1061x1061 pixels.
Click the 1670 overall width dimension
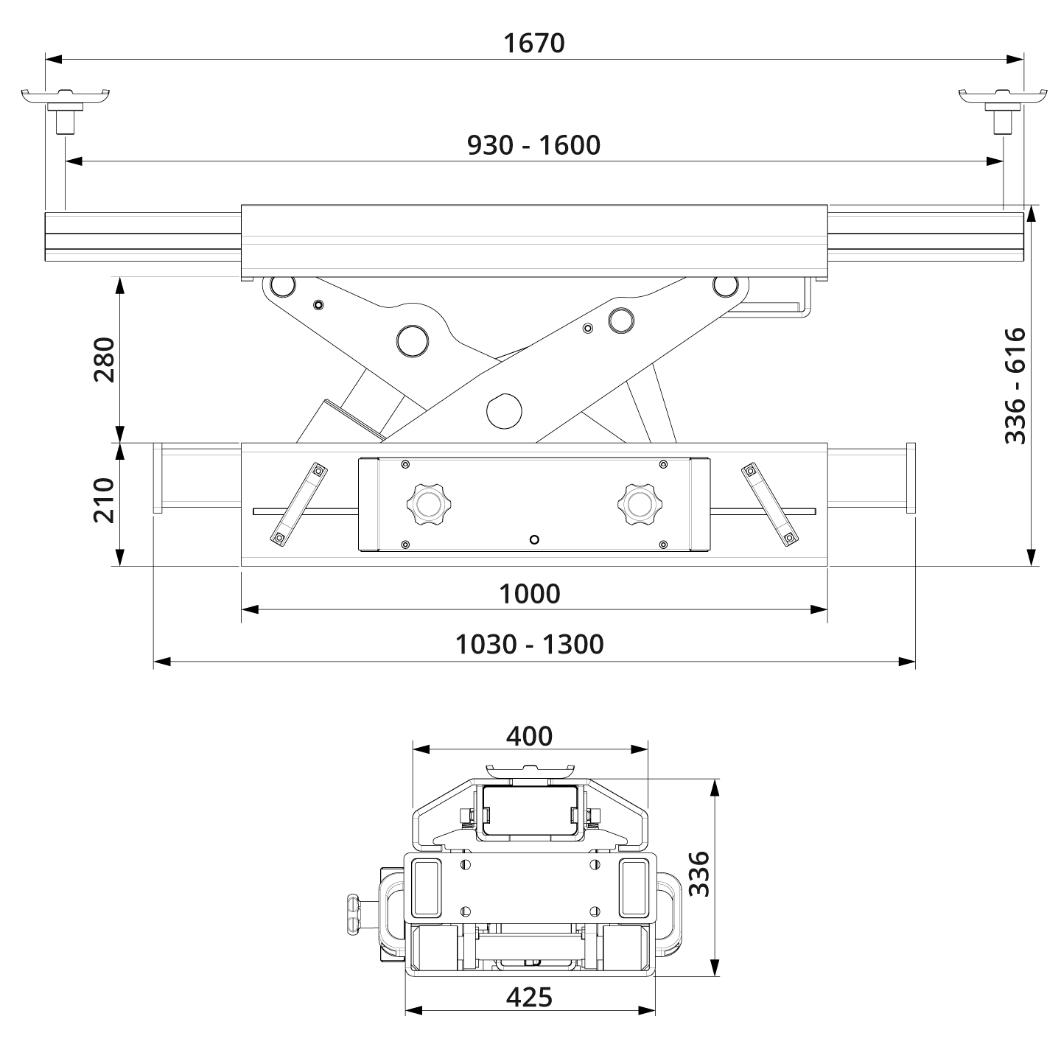tap(533, 43)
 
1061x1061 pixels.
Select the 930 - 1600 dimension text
tap(533, 145)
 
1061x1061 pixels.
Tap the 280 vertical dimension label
tap(105, 360)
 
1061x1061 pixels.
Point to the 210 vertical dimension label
tap(105, 500)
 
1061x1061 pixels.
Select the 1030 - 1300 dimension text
tap(529, 645)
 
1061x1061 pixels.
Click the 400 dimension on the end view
tap(529, 735)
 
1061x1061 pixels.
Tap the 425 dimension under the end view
tap(529, 997)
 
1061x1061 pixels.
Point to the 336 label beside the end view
tap(698, 874)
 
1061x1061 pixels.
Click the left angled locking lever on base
tap(298, 505)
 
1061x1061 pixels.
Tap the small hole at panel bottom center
tap(535, 539)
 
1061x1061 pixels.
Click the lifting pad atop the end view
tap(529, 771)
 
